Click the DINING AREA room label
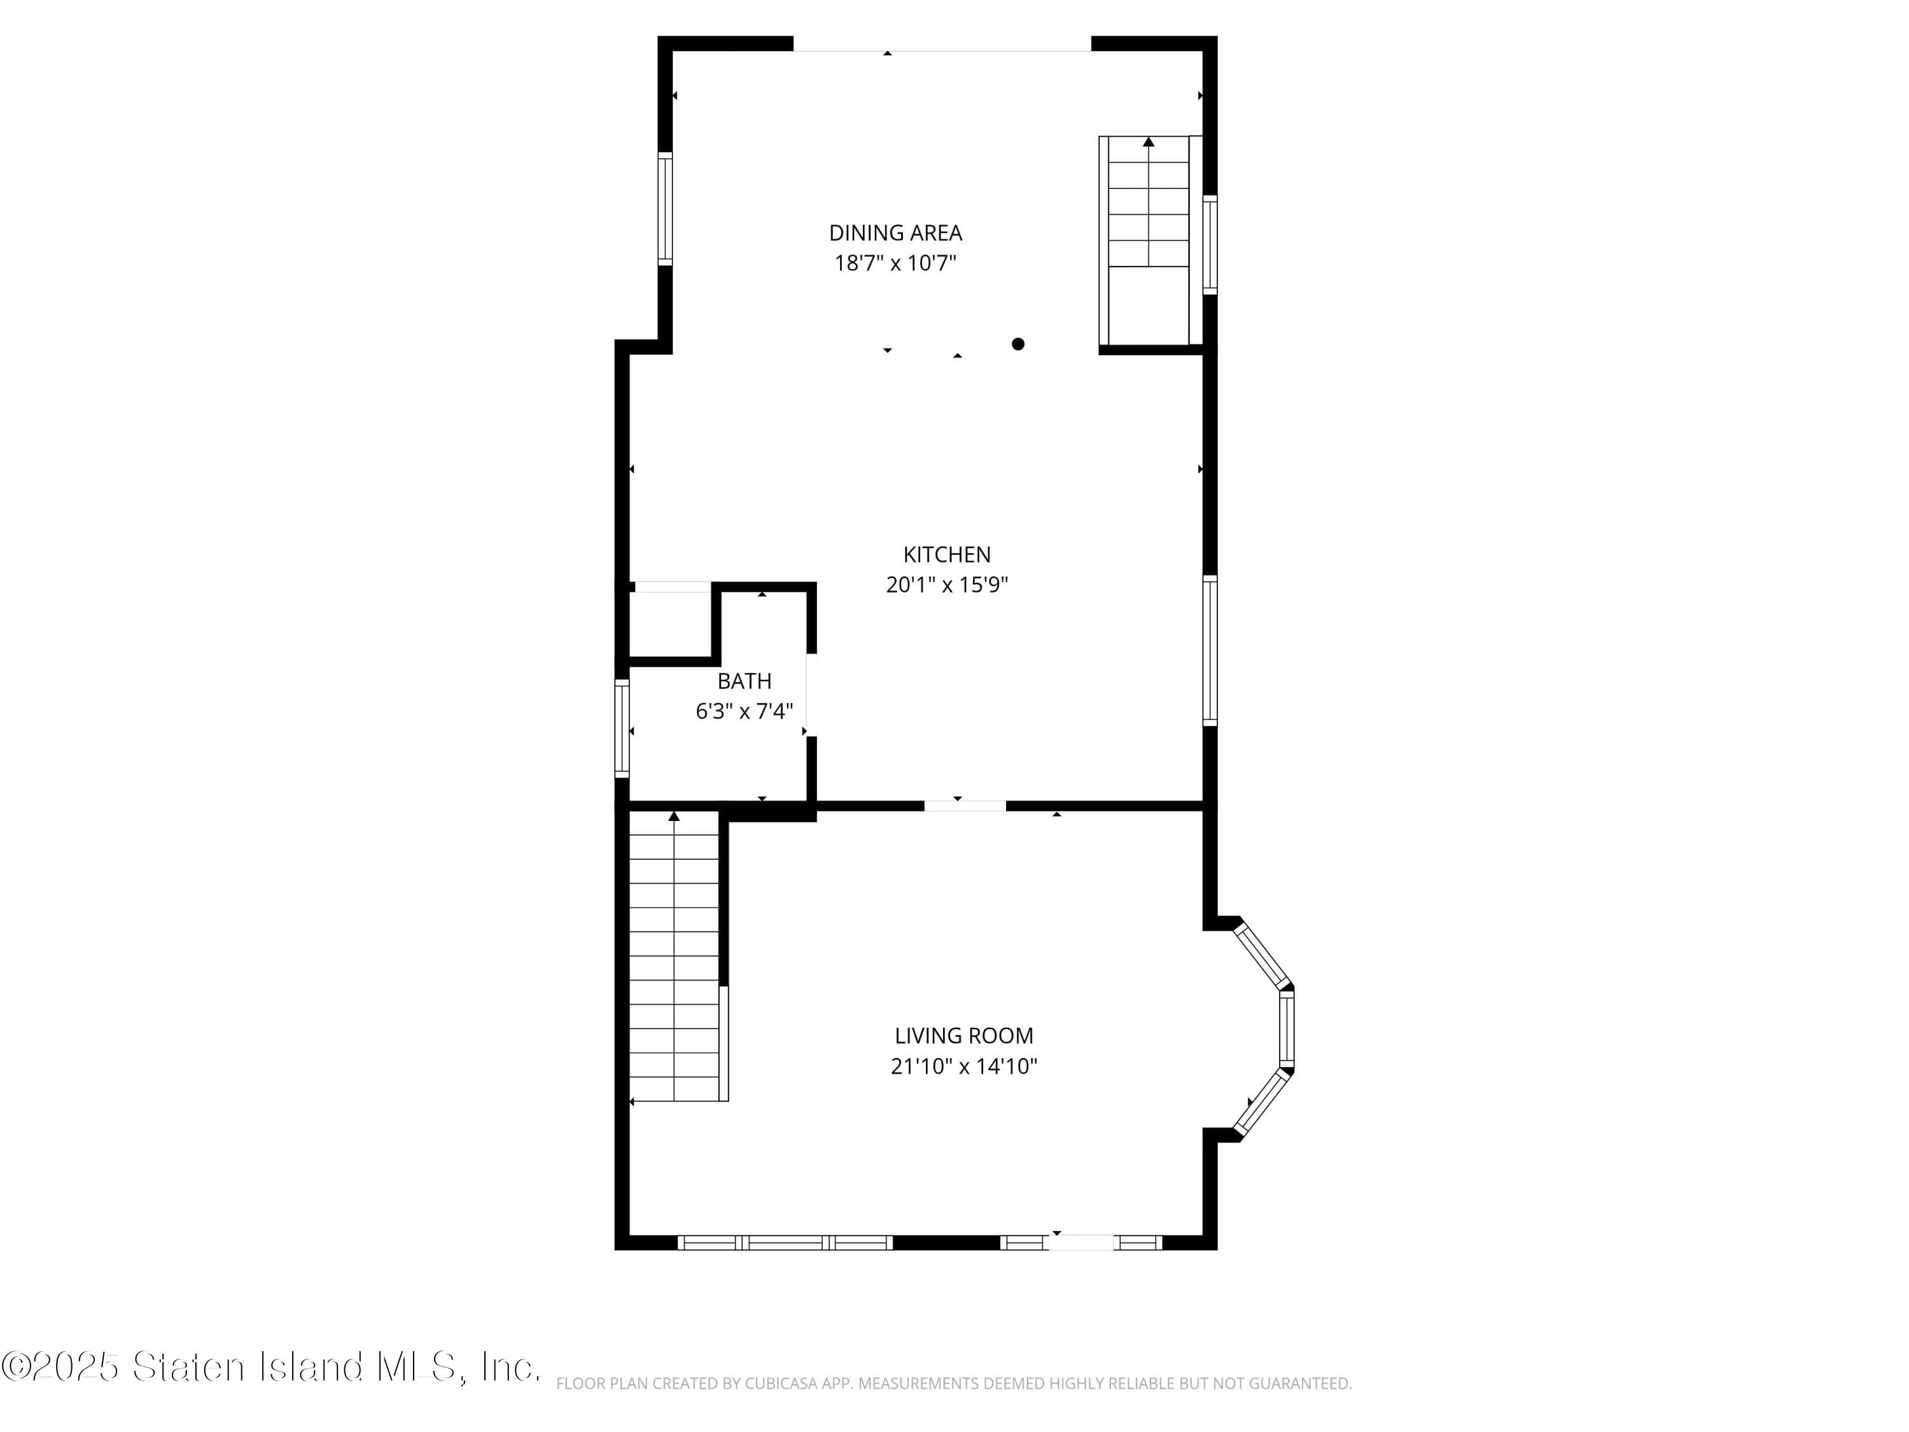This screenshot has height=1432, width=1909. point(895,233)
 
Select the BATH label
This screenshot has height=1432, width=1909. point(744,681)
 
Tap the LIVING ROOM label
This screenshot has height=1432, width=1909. point(963,1035)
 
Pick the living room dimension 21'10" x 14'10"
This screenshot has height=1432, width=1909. point(963,1066)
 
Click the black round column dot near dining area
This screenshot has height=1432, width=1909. point(1017,344)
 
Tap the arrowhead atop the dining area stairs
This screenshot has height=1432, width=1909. point(1148,141)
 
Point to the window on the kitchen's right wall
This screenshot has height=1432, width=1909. point(1210,650)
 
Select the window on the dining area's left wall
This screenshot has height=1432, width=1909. point(664,208)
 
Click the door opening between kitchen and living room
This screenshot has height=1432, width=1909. point(964,805)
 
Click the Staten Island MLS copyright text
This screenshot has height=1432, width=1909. point(271,1366)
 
